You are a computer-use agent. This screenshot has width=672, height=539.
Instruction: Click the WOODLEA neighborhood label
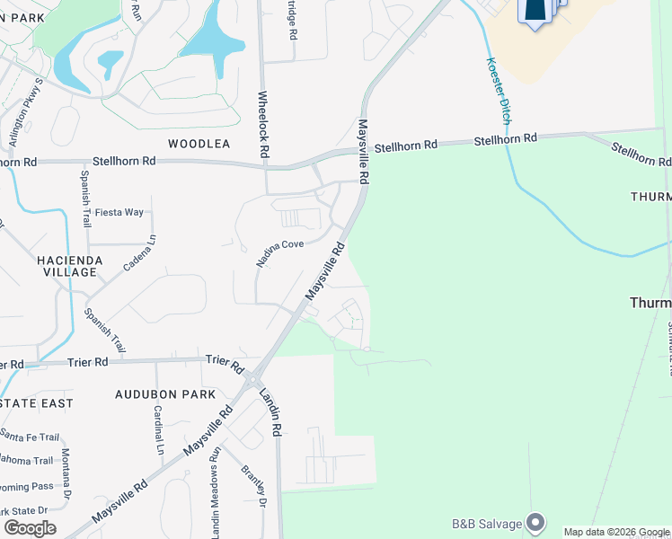coord(199,144)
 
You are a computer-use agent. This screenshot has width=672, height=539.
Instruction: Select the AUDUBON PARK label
coord(165,394)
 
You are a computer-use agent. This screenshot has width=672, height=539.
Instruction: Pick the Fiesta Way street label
coord(119,212)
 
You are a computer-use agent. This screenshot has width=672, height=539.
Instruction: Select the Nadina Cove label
coord(279,252)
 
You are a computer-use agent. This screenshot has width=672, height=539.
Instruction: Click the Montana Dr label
coord(66,475)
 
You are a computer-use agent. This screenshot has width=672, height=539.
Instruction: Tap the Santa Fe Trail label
coord(30,437)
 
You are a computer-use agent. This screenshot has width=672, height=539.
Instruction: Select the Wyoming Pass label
coord(27,486)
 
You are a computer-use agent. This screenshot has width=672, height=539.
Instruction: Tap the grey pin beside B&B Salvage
coord(536,522)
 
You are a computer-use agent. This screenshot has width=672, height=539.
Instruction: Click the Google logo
coord(31,528)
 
